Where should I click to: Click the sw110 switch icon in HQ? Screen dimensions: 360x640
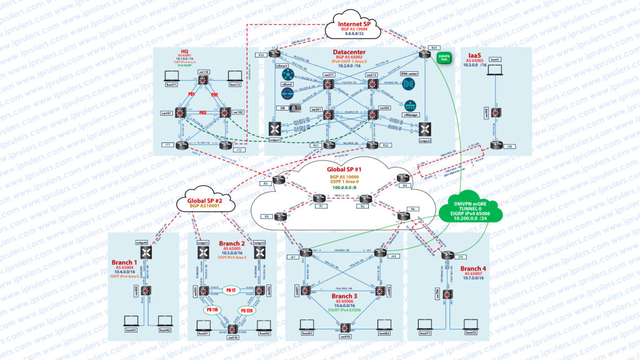tap(204, 81)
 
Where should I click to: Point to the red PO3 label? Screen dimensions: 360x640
tap(202, 113)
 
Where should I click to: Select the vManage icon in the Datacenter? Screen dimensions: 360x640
tap(410, 105)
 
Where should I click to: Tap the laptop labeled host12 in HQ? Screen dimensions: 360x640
tap(234, 77)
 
